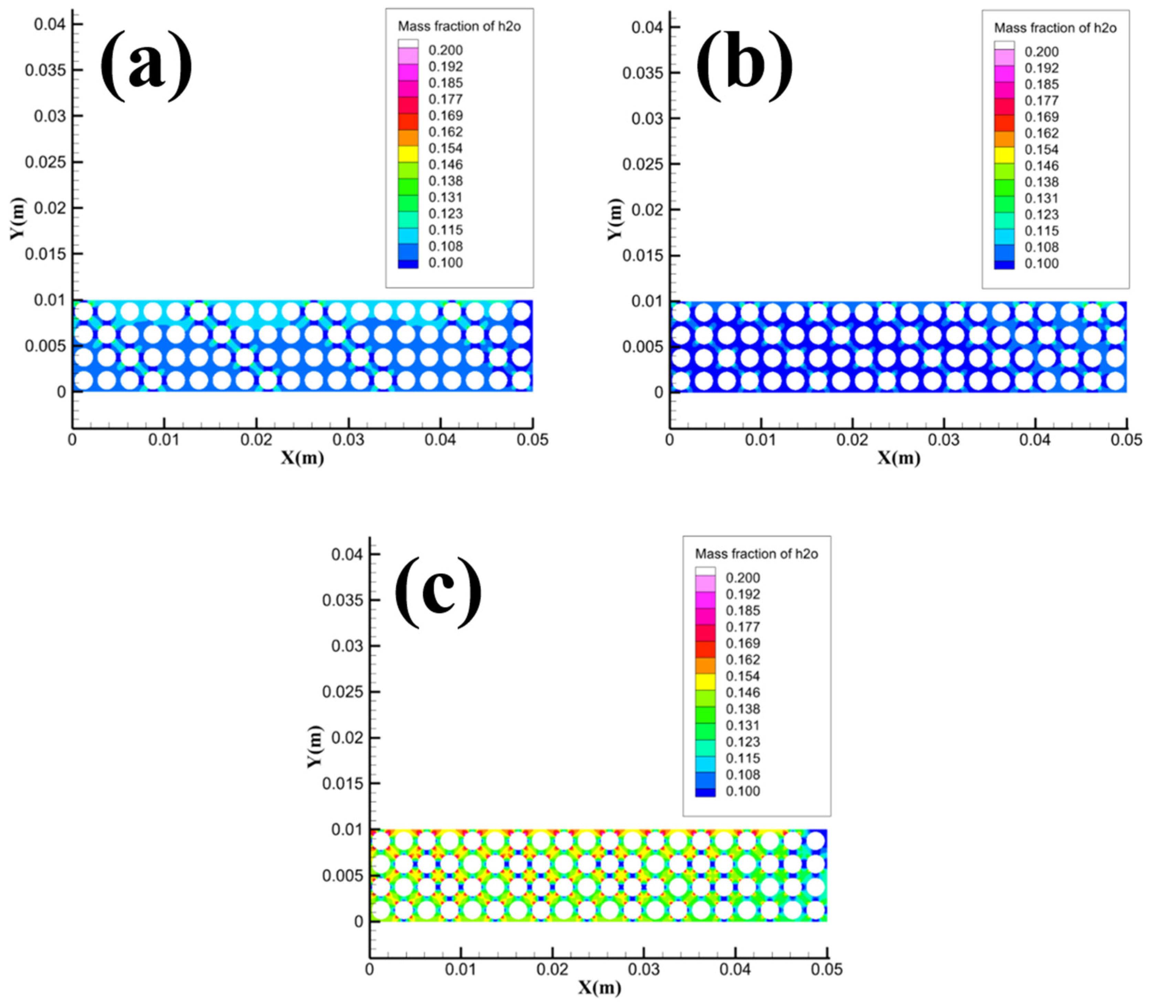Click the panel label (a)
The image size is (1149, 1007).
click(x=146, y=66)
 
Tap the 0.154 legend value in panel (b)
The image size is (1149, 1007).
click(x=1041, y=149)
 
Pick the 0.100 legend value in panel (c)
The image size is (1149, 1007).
click(x=742, y=791)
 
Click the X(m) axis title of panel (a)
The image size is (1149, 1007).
click(x=303, y=458)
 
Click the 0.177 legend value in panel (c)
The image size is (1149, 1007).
click(x=742, y=627)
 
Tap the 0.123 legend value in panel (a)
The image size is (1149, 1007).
click(x=445, y=213)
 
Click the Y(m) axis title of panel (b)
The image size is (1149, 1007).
click(x=615, y=219)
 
